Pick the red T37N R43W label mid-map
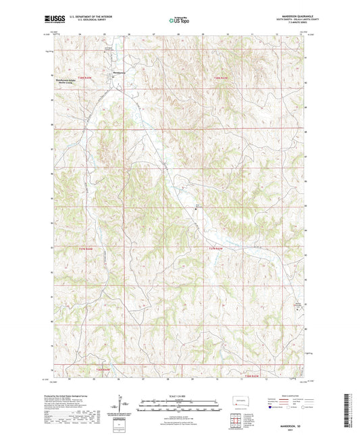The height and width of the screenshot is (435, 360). tap(215, 249)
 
